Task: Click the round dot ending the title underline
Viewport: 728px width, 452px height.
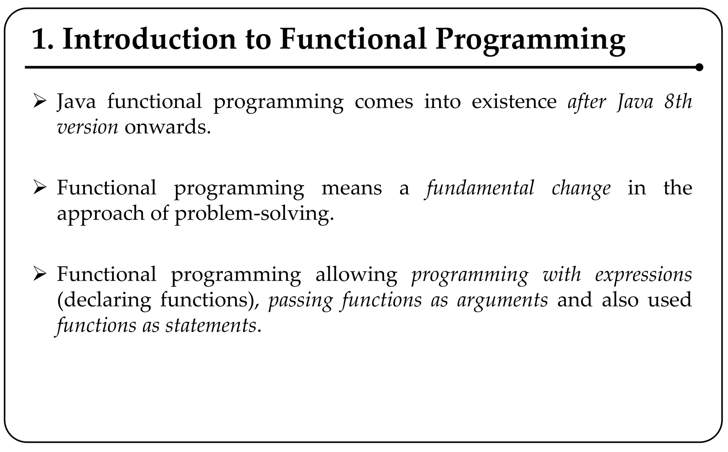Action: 699,67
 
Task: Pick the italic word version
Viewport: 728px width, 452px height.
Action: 87,127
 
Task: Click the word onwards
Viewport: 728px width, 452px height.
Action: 167,127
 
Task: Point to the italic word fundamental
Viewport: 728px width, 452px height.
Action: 480,188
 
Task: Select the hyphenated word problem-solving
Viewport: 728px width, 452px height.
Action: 254,214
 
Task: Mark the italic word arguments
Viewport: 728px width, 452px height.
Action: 502,300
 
